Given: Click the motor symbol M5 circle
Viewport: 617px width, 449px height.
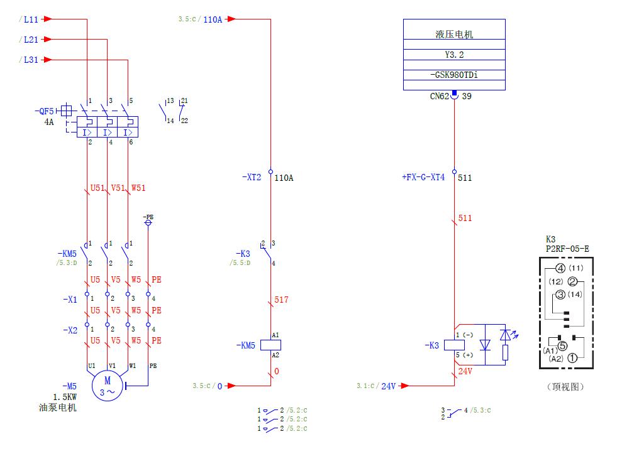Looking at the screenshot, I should coord(107,385).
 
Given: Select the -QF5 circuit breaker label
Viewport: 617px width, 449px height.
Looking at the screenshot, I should coord(45,111).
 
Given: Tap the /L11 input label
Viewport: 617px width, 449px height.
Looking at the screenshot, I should coord(29,19).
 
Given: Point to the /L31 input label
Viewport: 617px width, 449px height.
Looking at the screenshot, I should coord(29,60).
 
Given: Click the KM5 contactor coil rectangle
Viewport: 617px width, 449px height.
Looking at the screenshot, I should coord(270,345).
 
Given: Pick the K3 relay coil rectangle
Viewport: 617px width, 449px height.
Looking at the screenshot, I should coord(453,345).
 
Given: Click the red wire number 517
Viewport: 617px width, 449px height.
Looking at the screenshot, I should coord(281,300).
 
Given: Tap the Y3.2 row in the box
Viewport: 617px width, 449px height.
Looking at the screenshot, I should coord(453,55).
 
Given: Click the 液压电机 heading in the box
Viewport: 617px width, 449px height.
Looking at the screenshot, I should coord(453,35).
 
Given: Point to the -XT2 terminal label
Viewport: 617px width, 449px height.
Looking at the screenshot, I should coord(252,178).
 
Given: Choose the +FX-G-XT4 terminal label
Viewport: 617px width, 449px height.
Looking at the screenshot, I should coord(423,178).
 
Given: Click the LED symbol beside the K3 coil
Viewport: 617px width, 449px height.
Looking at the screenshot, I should coord(505,335).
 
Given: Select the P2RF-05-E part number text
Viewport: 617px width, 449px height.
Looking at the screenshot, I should coord(567,249).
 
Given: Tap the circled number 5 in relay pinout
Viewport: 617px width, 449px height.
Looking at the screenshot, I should coord(562,345).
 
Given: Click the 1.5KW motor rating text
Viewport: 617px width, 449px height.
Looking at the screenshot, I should coord(65,398).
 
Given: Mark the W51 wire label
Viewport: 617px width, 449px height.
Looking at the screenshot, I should coord(138,188).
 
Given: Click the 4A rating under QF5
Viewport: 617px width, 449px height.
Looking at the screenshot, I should coord(49,122).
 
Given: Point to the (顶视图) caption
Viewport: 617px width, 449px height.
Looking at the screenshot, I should coord(565,387).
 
